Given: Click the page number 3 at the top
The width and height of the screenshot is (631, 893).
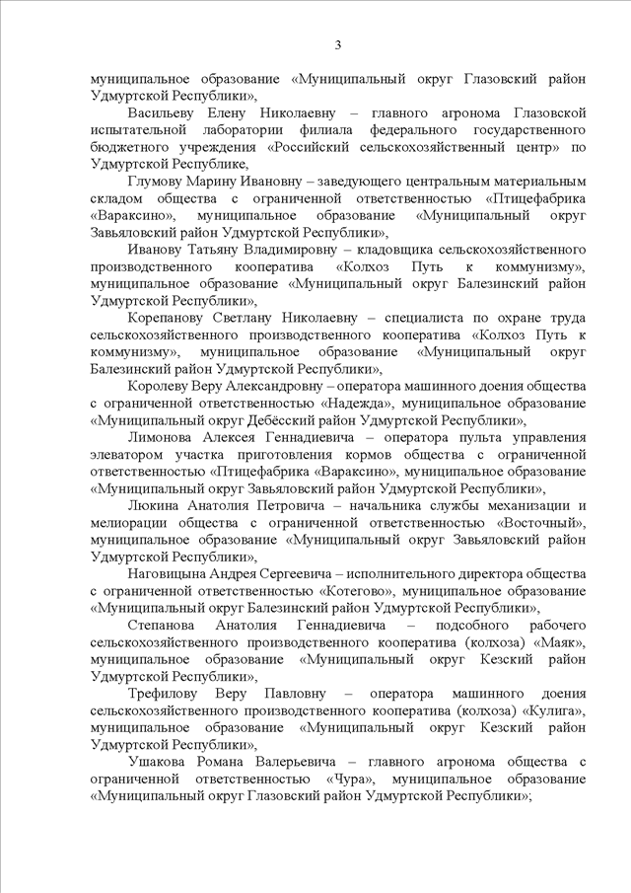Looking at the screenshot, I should [338, 44].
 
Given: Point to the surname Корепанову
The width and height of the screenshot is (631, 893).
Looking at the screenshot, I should [168, 318].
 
